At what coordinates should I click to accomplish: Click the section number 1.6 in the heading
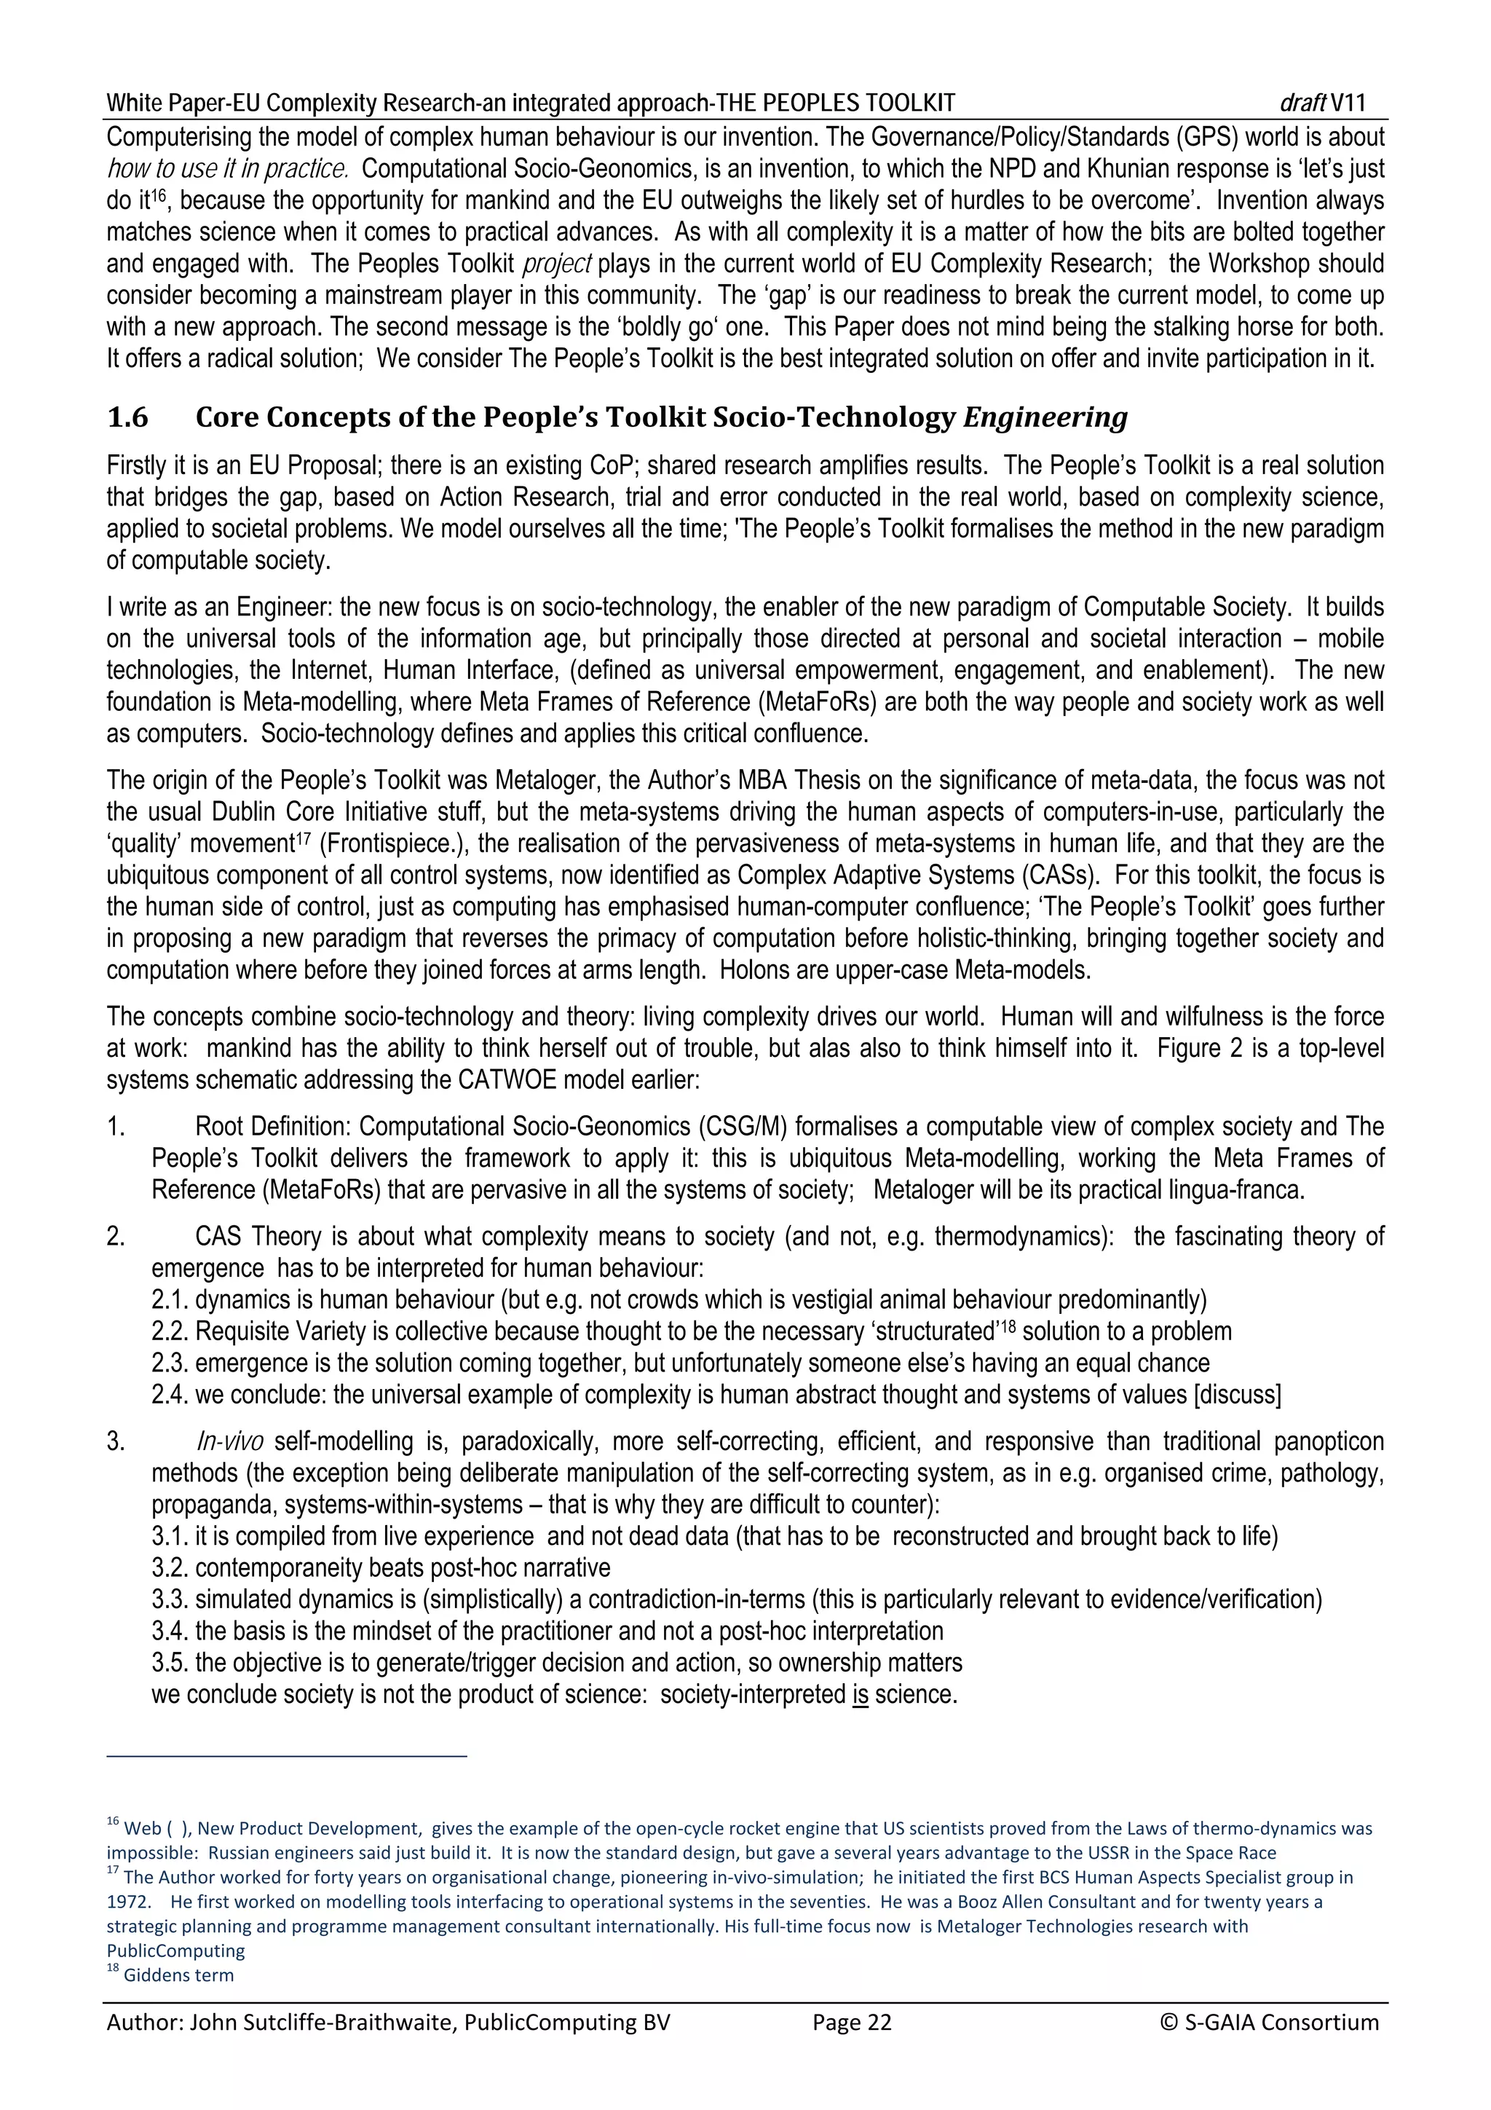point(127,418)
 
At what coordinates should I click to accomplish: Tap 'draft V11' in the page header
point(1322,102)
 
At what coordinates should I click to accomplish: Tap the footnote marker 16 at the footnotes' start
point(113,1822)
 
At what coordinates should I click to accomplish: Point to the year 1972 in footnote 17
point(126,1902)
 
